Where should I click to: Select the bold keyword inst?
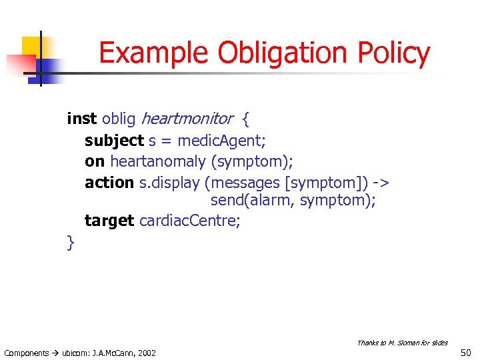coord(82,119)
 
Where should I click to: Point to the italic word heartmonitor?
coord(187,119)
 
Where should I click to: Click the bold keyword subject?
coord(114,141)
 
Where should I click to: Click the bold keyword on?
coord(95,161)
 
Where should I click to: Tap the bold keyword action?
coord(109,183)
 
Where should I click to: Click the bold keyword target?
coord(109,221)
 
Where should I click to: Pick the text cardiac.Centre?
coord(189,221)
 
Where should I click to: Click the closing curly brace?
coord(71,243)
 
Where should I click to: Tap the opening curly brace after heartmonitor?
coord(245,120)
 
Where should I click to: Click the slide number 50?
coord(465,352)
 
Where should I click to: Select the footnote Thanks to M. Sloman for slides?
coord(402,343)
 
